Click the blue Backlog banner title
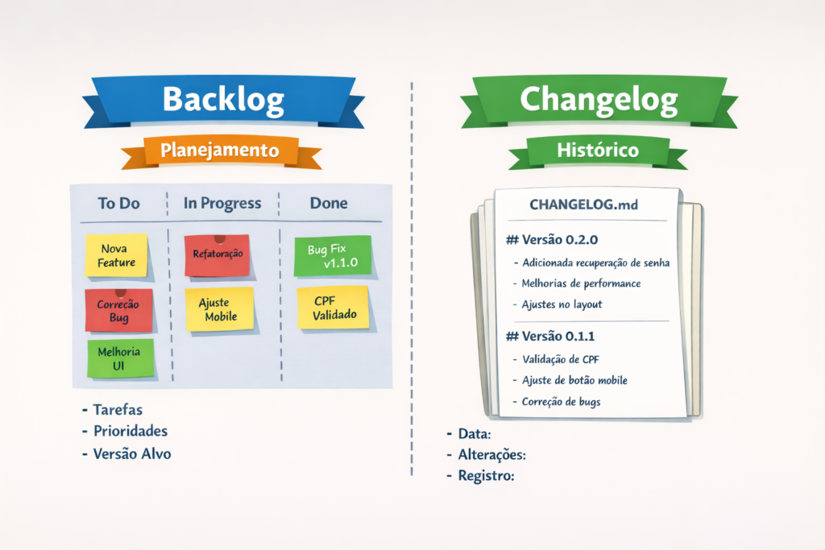tap(223, 99)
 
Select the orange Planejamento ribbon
tap(220, 150)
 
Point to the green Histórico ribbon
tap(598, 150)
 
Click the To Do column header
tap(118, 204)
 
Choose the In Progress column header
tap(222, 204)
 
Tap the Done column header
tap(329, 204)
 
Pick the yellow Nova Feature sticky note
tap(117, 255)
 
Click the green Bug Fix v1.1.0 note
tap(333, 256)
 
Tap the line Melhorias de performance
tap(581, 283)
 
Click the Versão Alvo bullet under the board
tap(131, 453)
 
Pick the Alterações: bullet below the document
tap(491, 455)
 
